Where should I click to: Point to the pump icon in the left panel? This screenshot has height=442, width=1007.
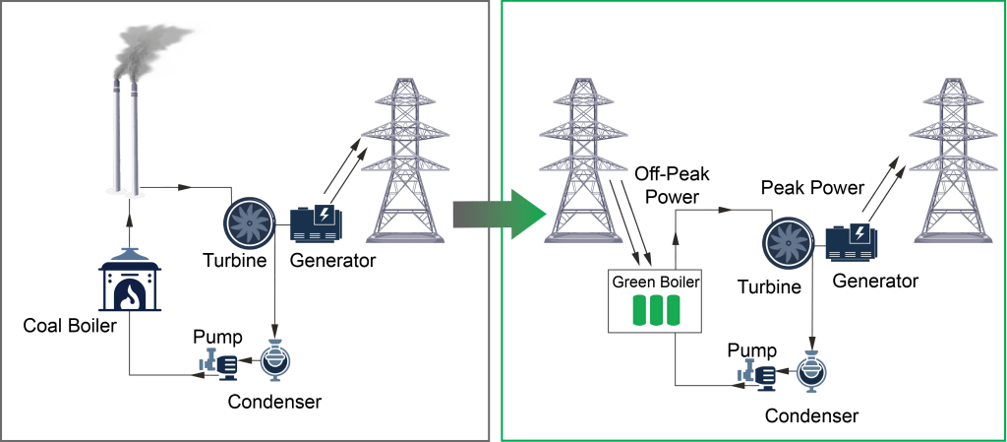pos(220,365)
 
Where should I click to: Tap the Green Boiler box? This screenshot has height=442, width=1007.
pos(657,299)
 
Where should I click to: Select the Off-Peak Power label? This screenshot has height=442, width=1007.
pos(673,184)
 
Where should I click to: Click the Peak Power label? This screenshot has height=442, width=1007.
pos(812,187)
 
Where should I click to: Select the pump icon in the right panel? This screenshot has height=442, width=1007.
pos(758,375)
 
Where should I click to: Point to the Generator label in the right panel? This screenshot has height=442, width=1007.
pos(875,282)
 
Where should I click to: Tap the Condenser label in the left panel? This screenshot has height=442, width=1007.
pos(274,401)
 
